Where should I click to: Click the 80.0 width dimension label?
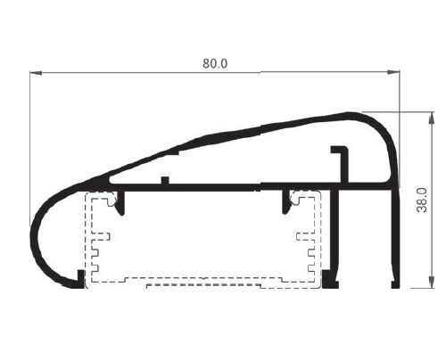[215, 63]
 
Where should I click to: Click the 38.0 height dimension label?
[422, 200]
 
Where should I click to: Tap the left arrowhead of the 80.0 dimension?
[36, 72]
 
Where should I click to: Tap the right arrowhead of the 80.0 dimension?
[393, 71]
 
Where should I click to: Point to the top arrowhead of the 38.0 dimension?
[432, 119]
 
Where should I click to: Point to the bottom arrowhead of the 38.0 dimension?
[432, 282]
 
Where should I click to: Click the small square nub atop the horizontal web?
[165, 180]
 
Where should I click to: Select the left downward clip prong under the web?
[120, 203]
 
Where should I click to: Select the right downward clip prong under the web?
[285, 202]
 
